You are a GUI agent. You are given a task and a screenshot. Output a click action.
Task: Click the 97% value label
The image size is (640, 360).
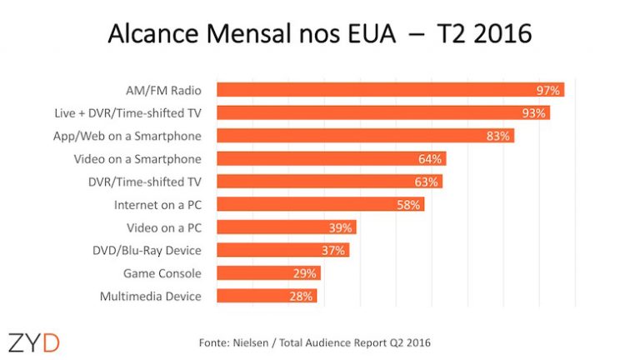click(548, 90)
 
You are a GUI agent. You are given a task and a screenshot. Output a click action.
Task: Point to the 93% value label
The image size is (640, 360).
click(534, 112)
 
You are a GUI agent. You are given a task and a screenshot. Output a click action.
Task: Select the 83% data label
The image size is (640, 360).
click(498, 136)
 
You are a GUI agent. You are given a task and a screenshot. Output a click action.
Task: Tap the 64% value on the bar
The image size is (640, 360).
click(431, 158)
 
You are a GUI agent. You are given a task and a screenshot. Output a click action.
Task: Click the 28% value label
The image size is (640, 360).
click(302, 296)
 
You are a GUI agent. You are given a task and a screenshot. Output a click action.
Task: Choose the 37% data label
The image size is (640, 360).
click(333, 250)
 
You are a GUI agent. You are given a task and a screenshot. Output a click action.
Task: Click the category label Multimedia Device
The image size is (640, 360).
click(150, 296)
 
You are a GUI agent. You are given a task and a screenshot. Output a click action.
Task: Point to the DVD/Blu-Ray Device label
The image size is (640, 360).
click(147, 250)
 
